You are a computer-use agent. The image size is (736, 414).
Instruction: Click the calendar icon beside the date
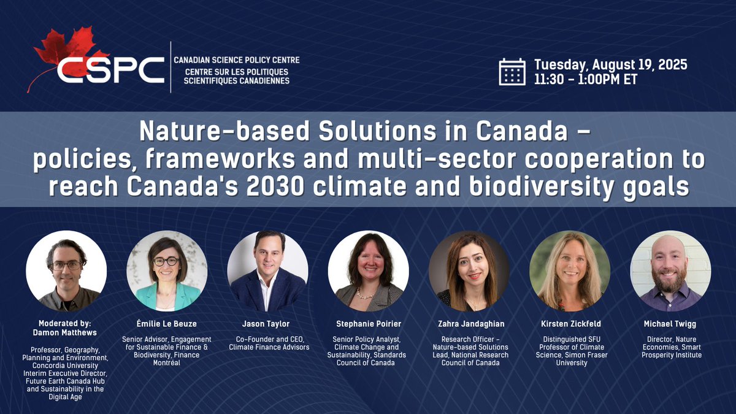click(x=512, y=71)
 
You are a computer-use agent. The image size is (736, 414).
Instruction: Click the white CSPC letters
click(x=110, y=70)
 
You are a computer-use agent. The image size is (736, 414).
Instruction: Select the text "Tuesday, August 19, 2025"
click(x=610, y=64)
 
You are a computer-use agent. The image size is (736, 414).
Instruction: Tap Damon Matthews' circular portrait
click(x=66, y=270)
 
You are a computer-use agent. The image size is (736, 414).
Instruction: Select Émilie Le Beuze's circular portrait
click(x=167, y=270)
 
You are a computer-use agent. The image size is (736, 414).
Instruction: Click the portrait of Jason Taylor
click(x=267, y=270)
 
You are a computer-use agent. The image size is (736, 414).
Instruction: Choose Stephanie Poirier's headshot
click(x=368, y=270)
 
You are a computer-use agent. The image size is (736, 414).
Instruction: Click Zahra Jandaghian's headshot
click(x=469, y=270)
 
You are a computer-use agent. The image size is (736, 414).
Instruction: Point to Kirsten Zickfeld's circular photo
click(x=570, y=270)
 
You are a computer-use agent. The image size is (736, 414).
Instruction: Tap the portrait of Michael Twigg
click(x=670, y=270)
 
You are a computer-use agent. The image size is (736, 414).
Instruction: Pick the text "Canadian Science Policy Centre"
click(x=236, y=60)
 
